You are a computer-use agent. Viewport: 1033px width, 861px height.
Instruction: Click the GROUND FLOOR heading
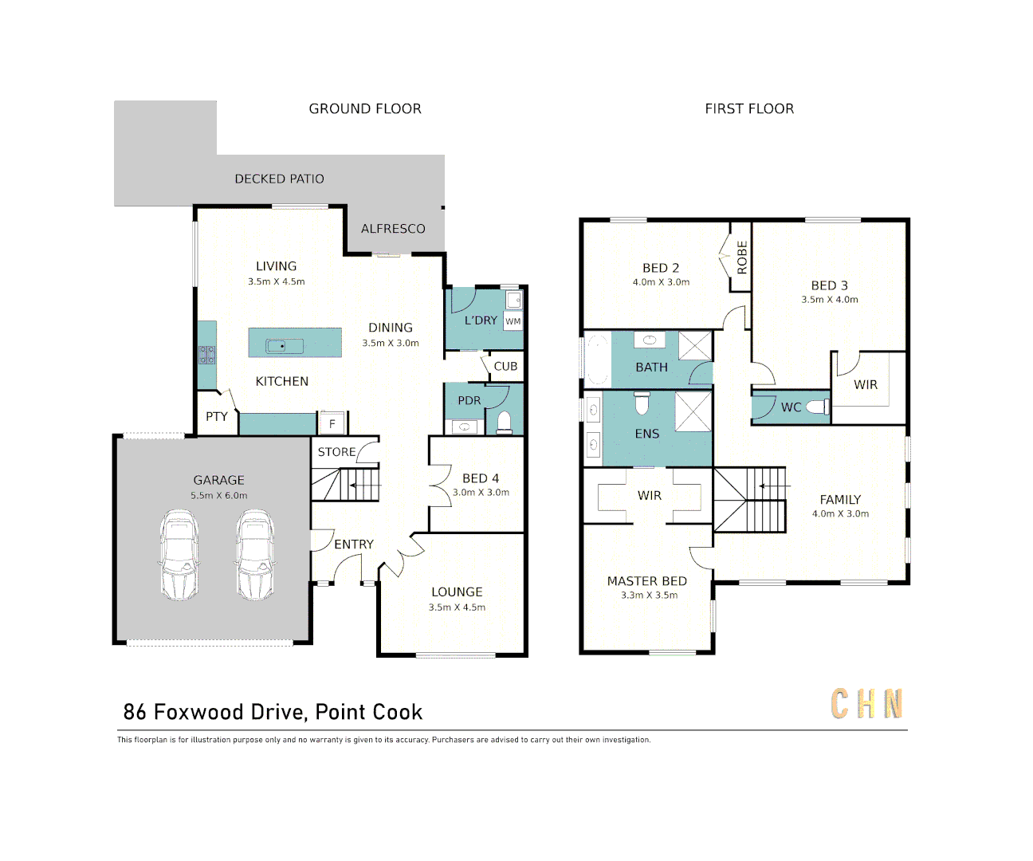(x=365, y=108)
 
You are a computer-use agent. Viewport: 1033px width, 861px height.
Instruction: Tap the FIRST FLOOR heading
(x=749, y=108)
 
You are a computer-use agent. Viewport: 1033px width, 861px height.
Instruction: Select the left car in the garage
(x=179, y=555)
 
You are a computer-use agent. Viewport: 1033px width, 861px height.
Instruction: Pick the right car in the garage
(x=255, y=555)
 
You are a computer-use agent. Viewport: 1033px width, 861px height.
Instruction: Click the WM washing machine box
(x=513, y=321)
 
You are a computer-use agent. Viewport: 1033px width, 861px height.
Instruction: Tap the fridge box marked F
(x=332, y=423)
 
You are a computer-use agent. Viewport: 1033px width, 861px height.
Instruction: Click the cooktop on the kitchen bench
(x=207, y=355)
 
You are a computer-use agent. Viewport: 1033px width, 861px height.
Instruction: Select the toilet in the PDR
(x=504, y=421)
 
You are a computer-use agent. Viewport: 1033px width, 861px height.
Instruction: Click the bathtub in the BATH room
(x=597, y=360)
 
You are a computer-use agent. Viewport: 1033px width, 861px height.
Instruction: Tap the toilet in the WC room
(x=818, y=407)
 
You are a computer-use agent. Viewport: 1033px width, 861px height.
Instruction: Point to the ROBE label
(x=742, y=258)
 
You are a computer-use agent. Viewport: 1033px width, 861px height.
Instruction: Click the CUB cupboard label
(x=505, y=367)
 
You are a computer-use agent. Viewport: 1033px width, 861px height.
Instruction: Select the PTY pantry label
(x=217, y=416)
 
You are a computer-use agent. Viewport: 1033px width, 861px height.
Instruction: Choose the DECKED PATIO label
(x=279, y=179)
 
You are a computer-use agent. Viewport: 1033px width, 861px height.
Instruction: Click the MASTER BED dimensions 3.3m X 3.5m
(x=649, y=596)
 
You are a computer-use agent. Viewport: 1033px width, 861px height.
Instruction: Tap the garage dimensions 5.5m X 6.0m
(x=218, y=496)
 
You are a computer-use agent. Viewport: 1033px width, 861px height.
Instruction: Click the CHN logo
(x=866, y=704)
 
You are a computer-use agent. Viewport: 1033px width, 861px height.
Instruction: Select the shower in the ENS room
(x=693, y=412)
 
